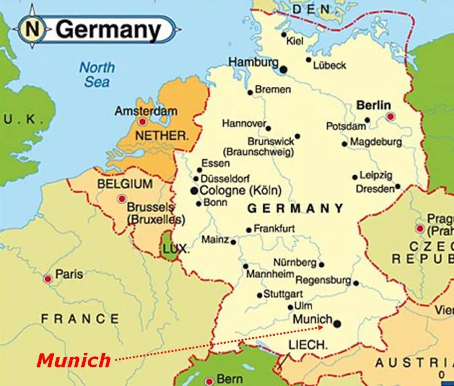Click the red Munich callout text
coord(74,360)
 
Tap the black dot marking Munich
coord(337,324)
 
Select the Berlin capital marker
coord(390,117)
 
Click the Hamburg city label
coord(253,62)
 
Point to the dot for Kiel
coord(284,34)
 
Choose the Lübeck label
coord(329,65)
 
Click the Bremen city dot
coord(250,92)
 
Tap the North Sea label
coord(97,75)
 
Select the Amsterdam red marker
coord(143,122)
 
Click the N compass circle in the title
coord(33,30)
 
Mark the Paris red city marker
coord(48,279)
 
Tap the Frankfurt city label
coord(274,229)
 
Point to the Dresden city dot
coord(398,187)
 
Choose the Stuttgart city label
coord(283,294)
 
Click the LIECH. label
coord(308,345)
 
